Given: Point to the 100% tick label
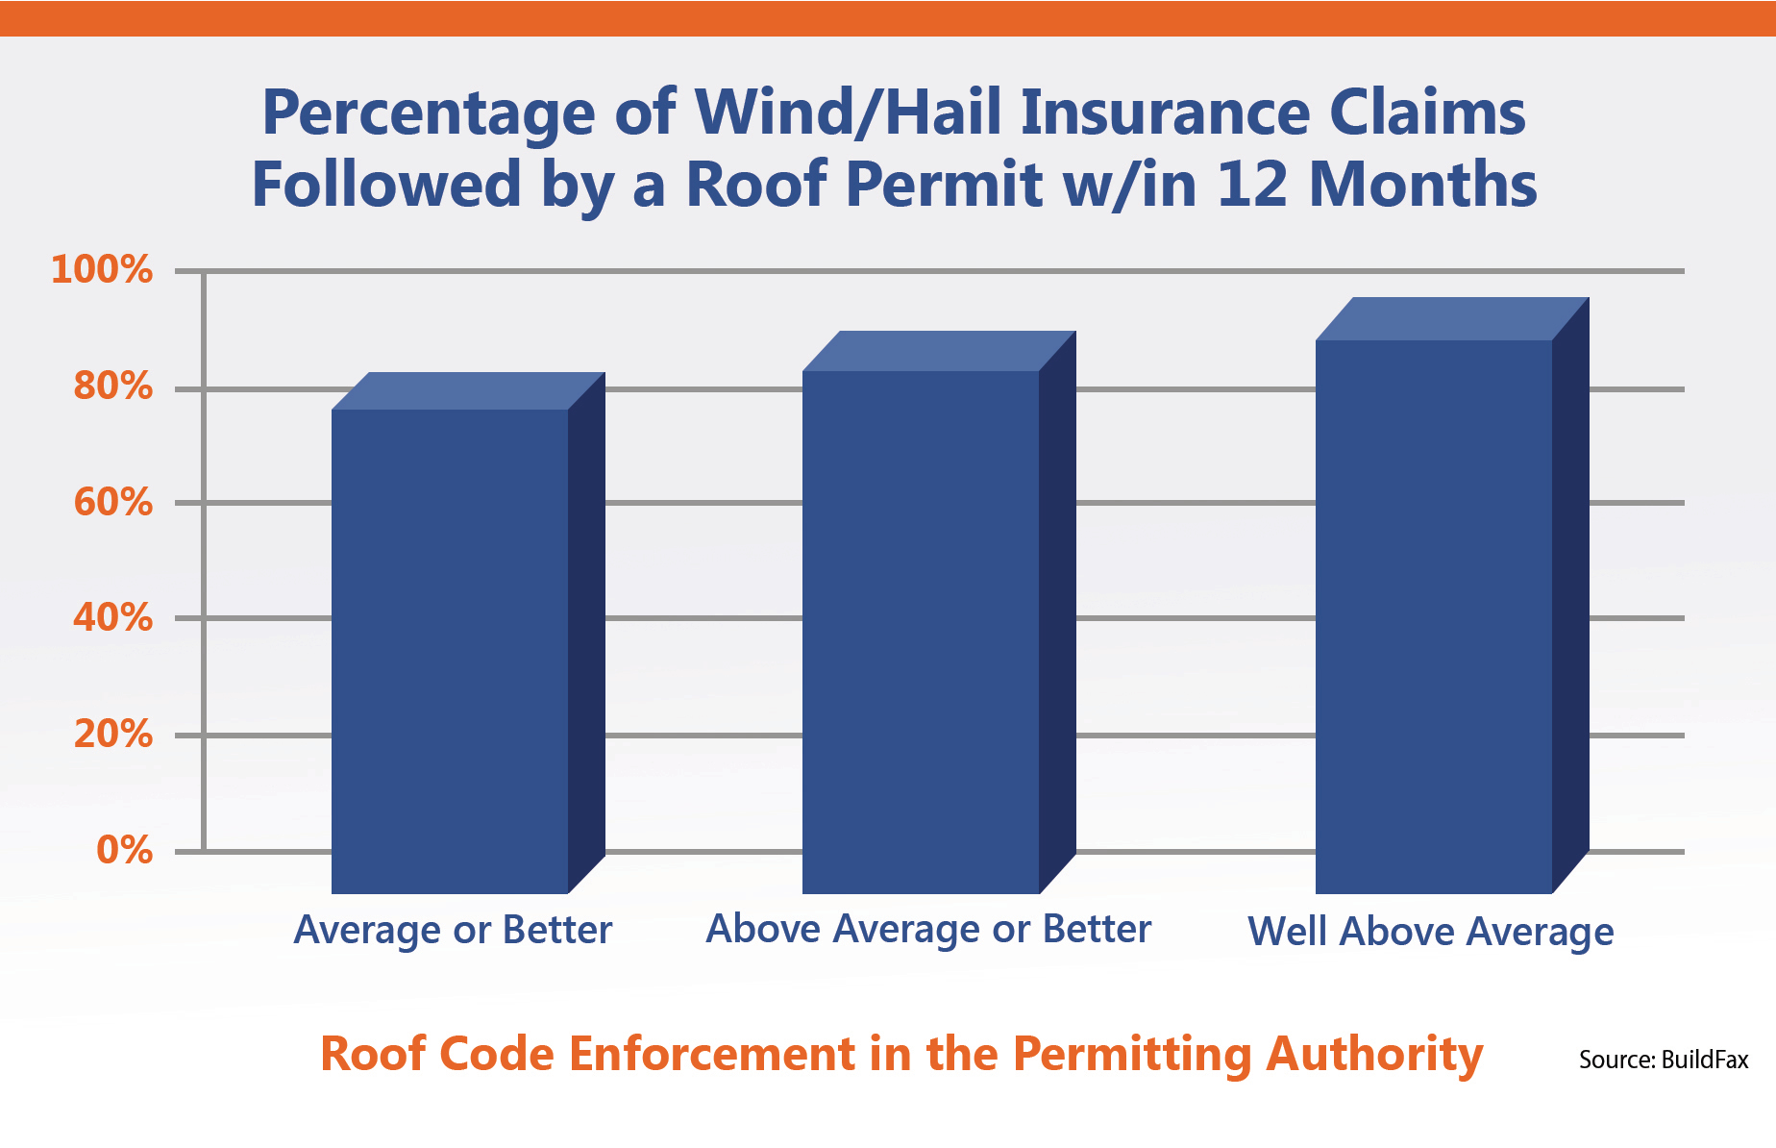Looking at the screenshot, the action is [x=102, y=269].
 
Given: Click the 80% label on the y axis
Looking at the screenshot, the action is [x=113, y=387].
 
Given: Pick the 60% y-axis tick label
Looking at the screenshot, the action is [x=113, y=502].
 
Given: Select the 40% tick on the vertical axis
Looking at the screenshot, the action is [x=113, y=617].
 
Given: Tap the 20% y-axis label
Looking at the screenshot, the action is [x=113, y=735].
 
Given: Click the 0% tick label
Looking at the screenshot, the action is [x=125, y=850].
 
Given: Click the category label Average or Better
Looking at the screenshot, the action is [x=453, y=931].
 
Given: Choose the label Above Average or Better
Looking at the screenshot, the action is [x=928, y=930].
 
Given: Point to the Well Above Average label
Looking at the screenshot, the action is [x=1431, y=933].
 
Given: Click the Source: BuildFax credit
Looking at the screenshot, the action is [x=1664, y=1060].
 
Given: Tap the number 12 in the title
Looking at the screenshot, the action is [x=1251, y=184].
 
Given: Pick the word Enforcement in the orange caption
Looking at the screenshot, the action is [x=712, y=1054].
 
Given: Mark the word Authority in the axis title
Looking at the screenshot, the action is [x=1374, y=1056].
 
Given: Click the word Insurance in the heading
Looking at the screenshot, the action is [x=1165, y=113].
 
